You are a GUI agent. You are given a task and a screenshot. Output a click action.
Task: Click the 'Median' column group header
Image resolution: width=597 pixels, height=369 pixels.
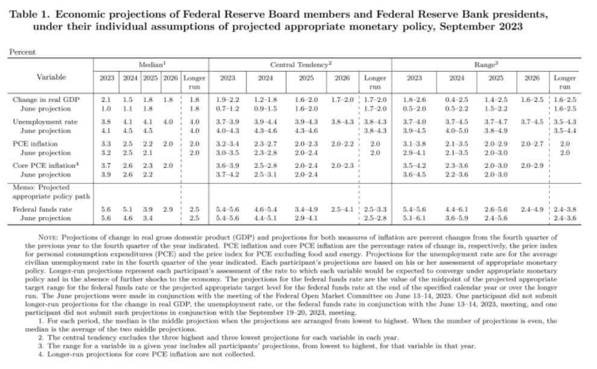pos(152,64)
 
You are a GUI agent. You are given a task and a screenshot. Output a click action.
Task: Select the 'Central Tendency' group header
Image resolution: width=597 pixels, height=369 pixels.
pos(301,64)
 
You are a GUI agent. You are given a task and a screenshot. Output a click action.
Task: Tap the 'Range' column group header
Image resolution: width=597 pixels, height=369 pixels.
pos(486,64)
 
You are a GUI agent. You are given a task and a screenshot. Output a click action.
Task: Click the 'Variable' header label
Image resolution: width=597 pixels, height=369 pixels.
pos(51,77)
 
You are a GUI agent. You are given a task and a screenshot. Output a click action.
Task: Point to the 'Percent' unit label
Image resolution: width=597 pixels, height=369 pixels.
pos(22,52)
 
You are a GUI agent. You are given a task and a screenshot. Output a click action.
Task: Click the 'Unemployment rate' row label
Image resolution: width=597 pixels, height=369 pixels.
pos(45,122)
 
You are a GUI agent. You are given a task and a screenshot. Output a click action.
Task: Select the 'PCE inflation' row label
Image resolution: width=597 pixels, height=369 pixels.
pos(35,144)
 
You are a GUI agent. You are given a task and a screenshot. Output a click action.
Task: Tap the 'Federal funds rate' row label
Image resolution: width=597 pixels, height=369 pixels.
pos(42,209)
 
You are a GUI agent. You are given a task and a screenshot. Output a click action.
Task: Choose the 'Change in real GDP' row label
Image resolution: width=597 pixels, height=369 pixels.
pos(46,99)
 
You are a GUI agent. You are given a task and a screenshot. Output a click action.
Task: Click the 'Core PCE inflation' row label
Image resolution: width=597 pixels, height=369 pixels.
pos(46,166)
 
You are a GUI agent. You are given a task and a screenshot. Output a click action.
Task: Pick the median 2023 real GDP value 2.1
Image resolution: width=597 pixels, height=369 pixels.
pos(106,99)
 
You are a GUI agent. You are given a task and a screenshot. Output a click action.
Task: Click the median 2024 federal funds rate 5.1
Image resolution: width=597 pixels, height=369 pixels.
pos(128,209)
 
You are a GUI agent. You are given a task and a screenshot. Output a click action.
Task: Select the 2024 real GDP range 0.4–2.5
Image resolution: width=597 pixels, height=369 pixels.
pos(456,99)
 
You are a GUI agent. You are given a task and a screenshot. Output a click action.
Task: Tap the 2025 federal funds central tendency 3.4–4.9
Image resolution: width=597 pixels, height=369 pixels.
pos(306,209)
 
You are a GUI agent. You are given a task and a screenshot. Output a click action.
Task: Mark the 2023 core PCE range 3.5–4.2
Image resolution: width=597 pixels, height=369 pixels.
pos(414,166)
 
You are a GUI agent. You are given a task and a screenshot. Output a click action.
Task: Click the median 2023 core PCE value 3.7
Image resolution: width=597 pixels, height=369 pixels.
pos(106,166)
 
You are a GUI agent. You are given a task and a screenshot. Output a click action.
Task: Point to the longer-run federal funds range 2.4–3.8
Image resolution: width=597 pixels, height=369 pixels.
pos(564,209)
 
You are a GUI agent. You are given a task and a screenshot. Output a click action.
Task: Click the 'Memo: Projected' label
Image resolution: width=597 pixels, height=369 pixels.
pos(41,187)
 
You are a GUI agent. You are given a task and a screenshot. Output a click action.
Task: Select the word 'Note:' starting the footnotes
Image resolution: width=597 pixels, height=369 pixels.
pos(48,238)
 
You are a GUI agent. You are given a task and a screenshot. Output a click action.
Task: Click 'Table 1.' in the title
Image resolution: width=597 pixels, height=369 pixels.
pos(30,14)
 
